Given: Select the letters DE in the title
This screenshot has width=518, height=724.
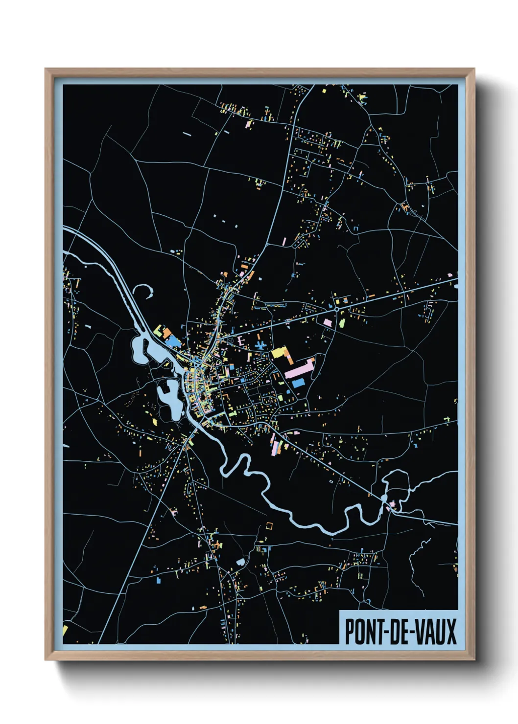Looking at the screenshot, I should (397, 632).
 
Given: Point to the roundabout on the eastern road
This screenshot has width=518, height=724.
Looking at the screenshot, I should (337, 309).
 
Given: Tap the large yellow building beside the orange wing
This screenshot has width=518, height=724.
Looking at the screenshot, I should (279, 352).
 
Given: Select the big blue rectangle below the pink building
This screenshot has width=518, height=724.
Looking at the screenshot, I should (298, 383).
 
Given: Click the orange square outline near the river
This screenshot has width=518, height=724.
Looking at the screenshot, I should (269, 525).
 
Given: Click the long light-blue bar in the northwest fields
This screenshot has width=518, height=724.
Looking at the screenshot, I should (187, 133).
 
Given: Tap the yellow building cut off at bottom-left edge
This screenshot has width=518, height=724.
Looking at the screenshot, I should (65, 630).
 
